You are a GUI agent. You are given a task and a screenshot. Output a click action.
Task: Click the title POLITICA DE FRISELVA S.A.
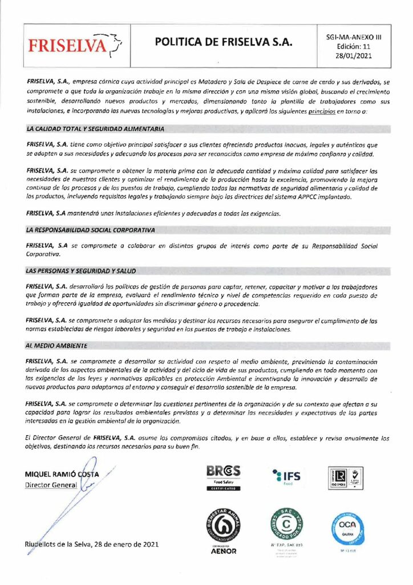223,43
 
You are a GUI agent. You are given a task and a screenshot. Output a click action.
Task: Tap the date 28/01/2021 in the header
354,56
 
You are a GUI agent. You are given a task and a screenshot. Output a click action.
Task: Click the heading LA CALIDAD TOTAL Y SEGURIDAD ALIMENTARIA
95,130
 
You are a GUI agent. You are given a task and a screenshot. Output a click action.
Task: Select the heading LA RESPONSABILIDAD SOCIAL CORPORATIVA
91,230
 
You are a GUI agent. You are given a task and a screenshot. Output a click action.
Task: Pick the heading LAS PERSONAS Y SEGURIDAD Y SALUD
80,270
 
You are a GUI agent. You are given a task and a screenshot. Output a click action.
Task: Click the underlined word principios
321,111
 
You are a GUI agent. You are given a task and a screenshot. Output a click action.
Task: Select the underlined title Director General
51,485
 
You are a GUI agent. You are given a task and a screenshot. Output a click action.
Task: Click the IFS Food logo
285,476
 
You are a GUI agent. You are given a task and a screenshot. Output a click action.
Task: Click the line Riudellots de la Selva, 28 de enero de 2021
91,544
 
